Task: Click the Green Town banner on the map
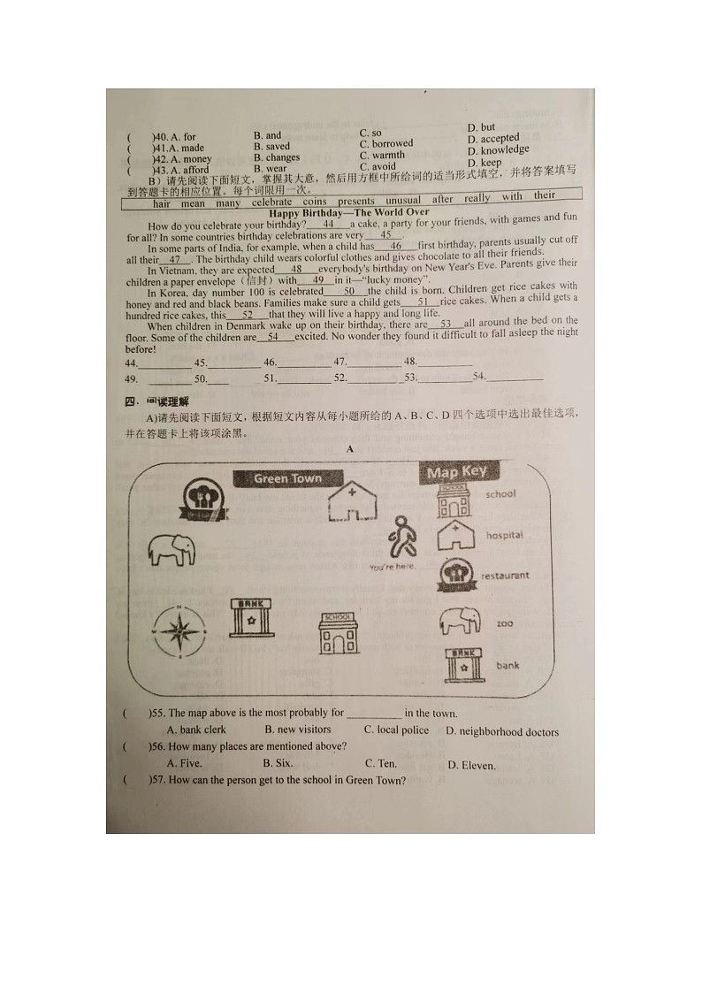pos(288,478)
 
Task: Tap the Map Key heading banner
pos(456,472)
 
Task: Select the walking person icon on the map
pos(403,536)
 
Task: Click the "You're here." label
pos(393,567)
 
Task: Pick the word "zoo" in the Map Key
pos(505,623)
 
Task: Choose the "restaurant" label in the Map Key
pos(505,576)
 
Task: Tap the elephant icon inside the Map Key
pos(459,621)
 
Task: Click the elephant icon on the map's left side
pos(172,549)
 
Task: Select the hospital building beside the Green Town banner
pos(352,502)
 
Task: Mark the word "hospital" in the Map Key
pos(504,535)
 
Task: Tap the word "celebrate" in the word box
pos(271,202)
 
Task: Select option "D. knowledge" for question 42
pos(499,150)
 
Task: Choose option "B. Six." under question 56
pos(279,762)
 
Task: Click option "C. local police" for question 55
pos(396,730)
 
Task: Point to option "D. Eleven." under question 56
pos(471,766)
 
